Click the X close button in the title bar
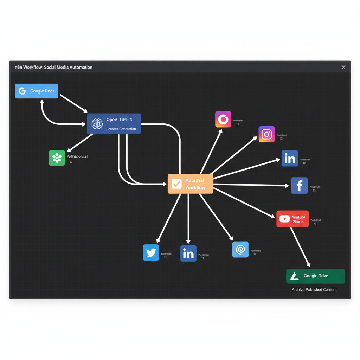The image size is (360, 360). pos(343,67)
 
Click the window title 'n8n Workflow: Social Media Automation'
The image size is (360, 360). pos(53,67)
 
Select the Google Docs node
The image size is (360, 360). pos(37,91)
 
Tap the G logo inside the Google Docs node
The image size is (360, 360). pos(22,91)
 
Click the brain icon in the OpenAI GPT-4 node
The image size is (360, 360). pos(97,124)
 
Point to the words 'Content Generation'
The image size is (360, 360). pos(121,129)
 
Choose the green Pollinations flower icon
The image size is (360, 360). pos(57,158)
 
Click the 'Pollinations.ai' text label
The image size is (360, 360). pos(77,156)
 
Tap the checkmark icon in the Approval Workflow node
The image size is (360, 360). pos(176,184)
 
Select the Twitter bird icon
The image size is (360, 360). pos(151,252)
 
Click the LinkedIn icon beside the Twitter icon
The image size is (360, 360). pos(188,253)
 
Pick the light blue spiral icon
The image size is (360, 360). pos(240,250)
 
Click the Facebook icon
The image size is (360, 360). pos(299,185)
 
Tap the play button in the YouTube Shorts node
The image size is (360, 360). pos(284,219)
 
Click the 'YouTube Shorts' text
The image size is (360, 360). pos(298,219)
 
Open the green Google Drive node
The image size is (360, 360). pos(315,276)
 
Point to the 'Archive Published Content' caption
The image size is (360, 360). pos(314,290)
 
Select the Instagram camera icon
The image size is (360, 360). pos(266,134)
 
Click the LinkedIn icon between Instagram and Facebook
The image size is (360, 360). pos(290,158)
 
